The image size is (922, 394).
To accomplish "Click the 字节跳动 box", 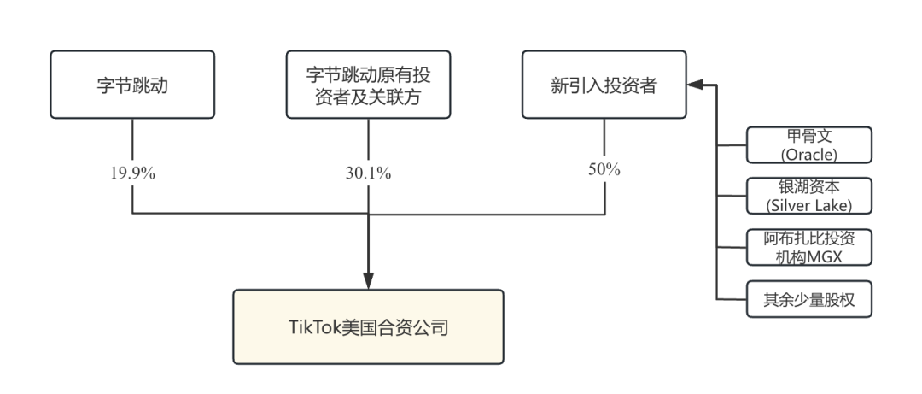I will coord(133,85).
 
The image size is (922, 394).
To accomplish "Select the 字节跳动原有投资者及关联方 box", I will coord(368,85).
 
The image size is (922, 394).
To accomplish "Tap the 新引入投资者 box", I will coord(604,85).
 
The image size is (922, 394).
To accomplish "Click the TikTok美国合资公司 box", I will coord(368,327).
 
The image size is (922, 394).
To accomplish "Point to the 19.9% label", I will coord(133,172).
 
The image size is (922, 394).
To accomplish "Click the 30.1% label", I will coord(368,172).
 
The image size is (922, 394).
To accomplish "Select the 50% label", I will coord(604,168).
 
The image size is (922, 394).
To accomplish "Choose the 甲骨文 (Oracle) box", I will coord(808,144).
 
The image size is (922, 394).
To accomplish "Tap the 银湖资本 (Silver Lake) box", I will coord(808,196).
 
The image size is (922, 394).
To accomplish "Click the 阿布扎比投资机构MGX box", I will coord(808,247).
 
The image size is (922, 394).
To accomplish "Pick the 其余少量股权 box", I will coord(808,299).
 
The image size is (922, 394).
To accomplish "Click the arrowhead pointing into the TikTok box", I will coord(368,282).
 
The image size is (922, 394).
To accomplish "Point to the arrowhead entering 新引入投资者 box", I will coord(695,85).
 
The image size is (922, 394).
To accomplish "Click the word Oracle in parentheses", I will coord(808,154).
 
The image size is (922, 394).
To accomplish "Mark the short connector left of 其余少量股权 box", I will coord(732,299).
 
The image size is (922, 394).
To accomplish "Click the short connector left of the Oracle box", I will coord(732,145).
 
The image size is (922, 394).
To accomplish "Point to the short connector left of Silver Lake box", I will coord(732,197).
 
